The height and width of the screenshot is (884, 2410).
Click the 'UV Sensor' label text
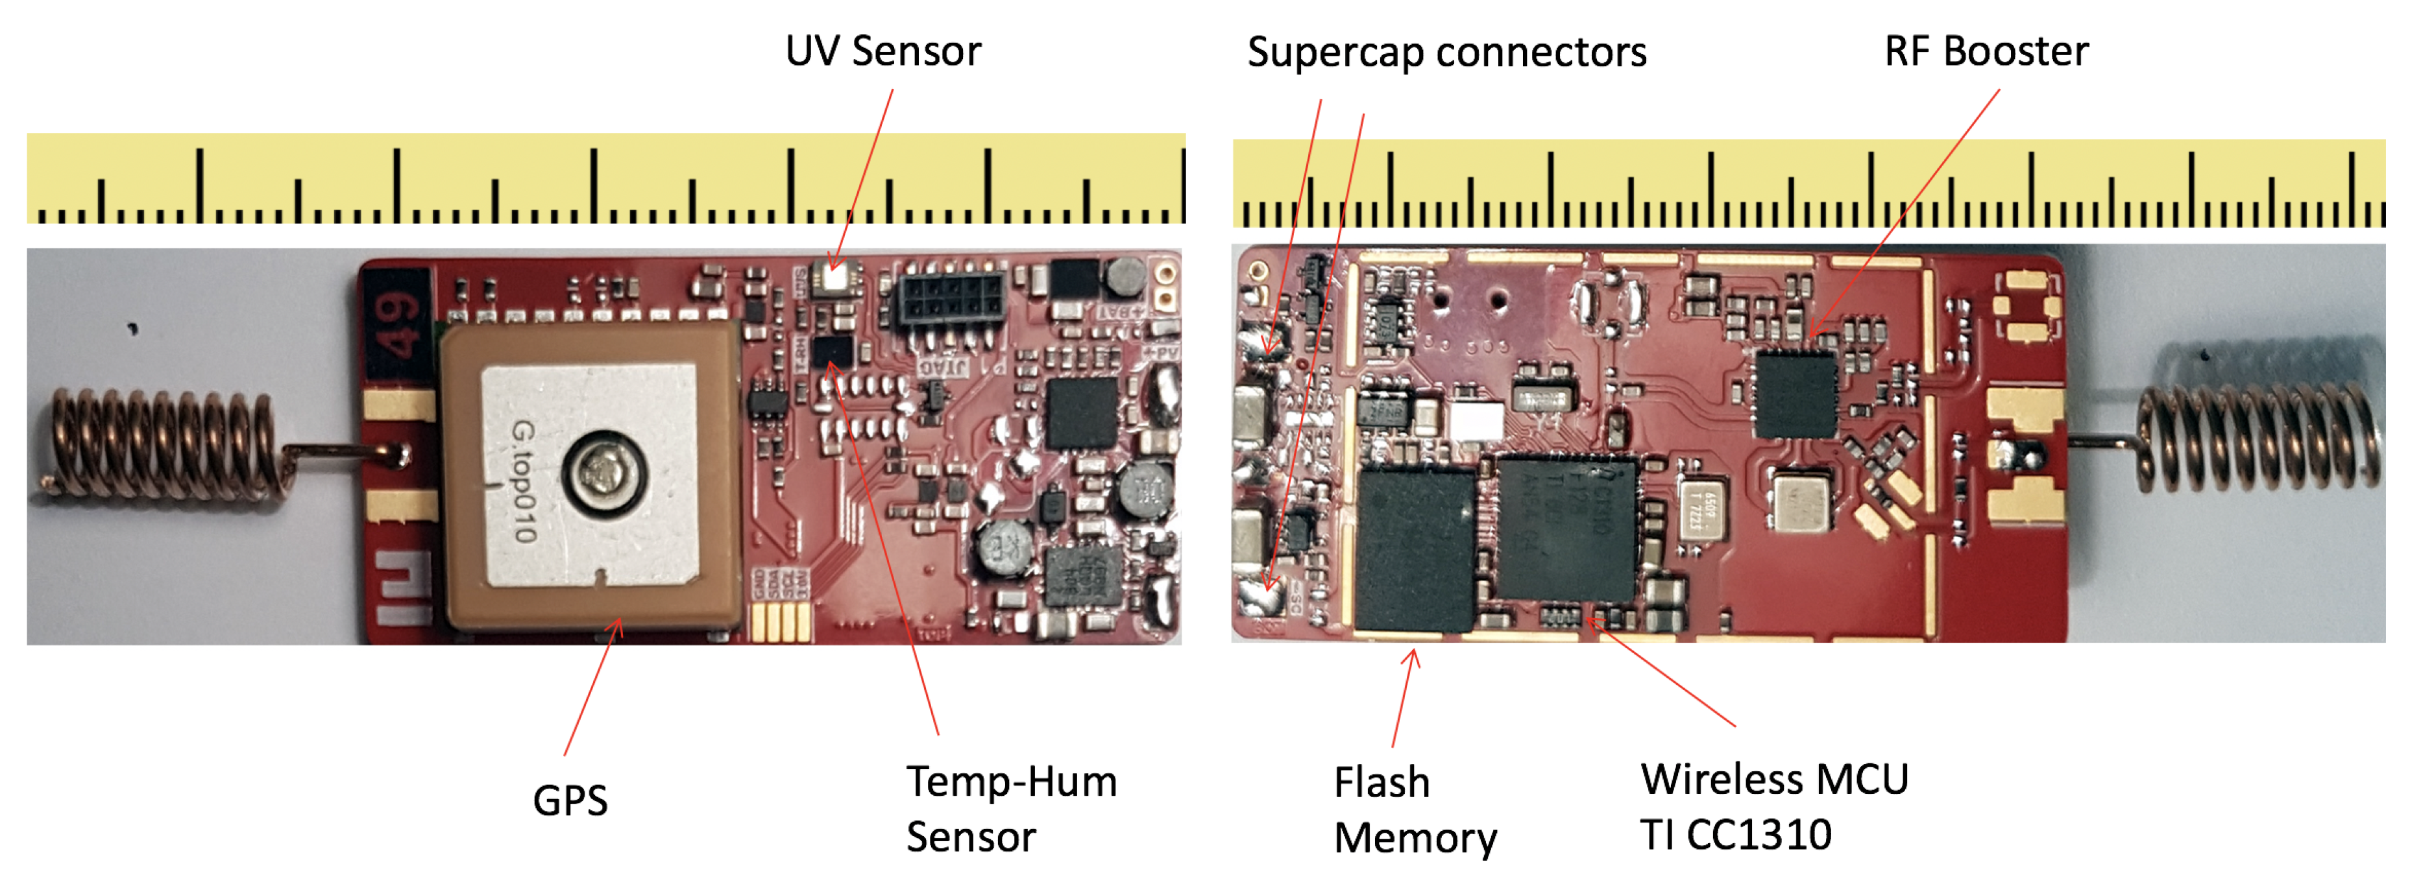[883, 51]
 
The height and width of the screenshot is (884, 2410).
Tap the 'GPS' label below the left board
[570, 801]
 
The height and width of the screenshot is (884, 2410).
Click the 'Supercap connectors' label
[1446, 53]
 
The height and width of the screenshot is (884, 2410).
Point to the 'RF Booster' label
[1985, 51]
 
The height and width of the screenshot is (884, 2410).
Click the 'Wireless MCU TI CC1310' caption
[1774, 806]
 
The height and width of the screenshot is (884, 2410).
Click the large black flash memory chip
[1415, 549]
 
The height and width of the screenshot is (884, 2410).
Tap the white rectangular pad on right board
[1476, 421]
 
